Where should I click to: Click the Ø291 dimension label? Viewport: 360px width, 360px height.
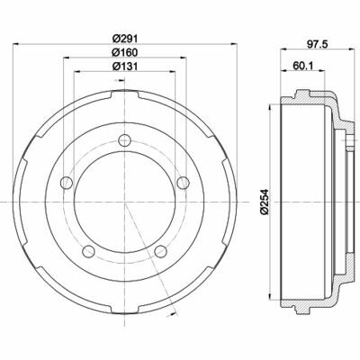122,38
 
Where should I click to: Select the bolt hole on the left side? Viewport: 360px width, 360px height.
64,184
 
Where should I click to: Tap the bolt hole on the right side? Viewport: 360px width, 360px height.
183,184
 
